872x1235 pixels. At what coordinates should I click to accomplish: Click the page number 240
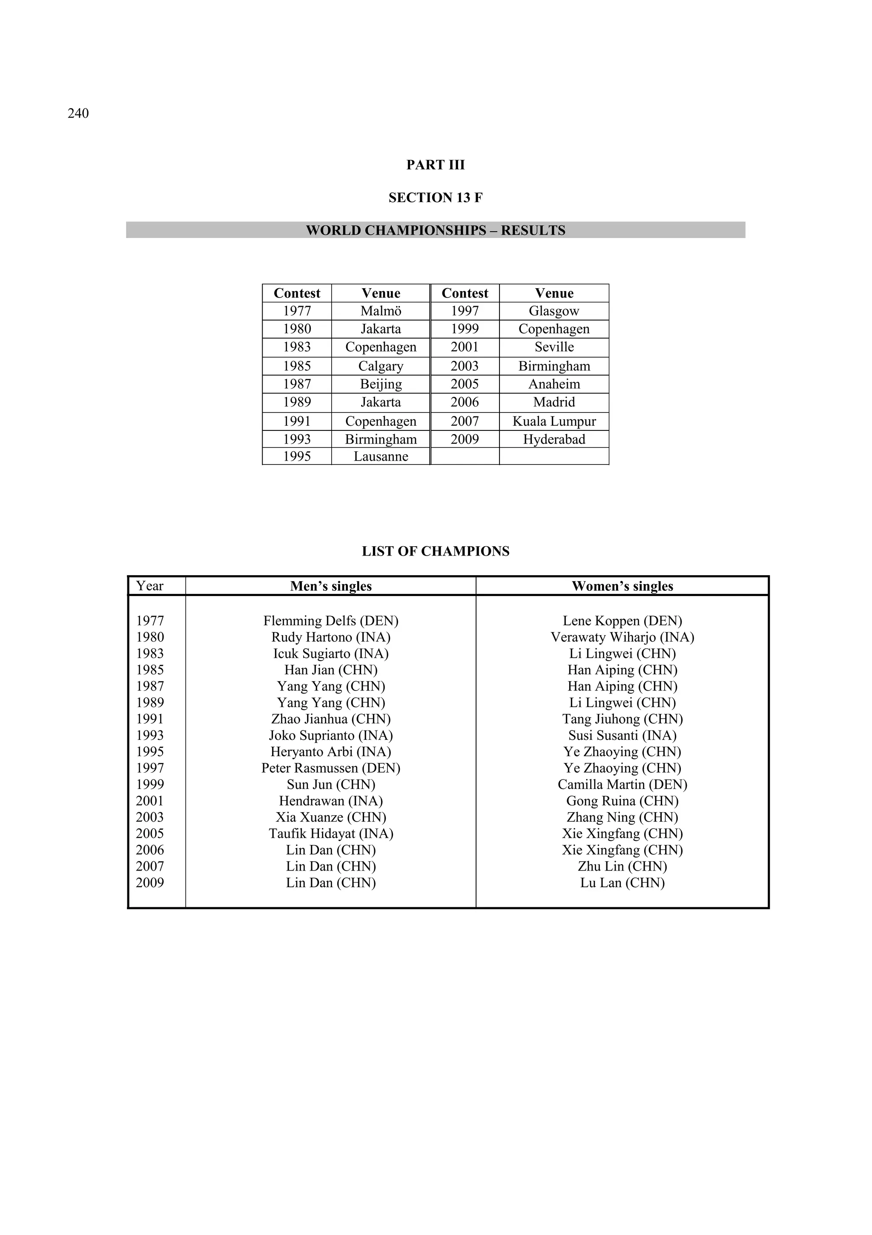point(78,114)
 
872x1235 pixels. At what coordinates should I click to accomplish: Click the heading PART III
point(435,165)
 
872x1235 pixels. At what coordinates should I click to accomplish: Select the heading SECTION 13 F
point(435,198)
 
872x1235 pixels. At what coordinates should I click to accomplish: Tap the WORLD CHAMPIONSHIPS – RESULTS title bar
point(435,230)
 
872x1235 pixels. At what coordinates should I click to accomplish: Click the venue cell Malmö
point(380,311)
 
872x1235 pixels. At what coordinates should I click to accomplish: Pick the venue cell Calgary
point(380,366)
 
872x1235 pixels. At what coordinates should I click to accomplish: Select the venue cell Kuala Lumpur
point(554,421)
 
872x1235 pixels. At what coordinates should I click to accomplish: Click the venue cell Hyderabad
point(554,439)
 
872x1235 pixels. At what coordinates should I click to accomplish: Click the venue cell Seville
point(554,347)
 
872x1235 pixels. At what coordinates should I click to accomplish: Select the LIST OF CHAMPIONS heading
point(435,551)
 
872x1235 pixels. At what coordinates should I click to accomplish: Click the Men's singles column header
point(330,586)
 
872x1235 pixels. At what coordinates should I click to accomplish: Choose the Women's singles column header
point(622,586)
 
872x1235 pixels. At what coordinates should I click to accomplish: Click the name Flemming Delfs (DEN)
point(330,621)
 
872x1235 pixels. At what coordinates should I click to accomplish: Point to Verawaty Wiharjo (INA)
point(622,637)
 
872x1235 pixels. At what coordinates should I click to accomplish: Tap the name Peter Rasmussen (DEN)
point(330,768)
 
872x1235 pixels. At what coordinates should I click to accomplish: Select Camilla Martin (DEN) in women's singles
point(622,784)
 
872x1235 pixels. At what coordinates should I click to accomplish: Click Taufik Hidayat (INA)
point(330,834)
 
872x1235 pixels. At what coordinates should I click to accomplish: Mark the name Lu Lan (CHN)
point(622,883)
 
